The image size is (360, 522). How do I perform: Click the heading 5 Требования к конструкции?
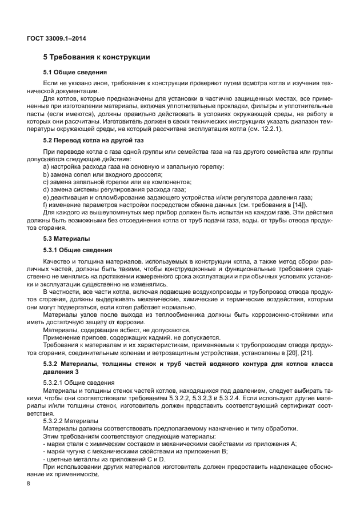pos(97,57)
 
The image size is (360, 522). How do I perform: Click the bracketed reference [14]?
pos(299,205)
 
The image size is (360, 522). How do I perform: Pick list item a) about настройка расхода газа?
pos(133,166)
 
